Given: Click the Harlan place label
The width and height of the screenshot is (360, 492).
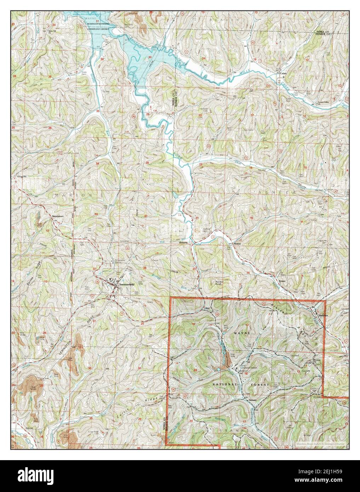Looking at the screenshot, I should coord(227,243).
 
